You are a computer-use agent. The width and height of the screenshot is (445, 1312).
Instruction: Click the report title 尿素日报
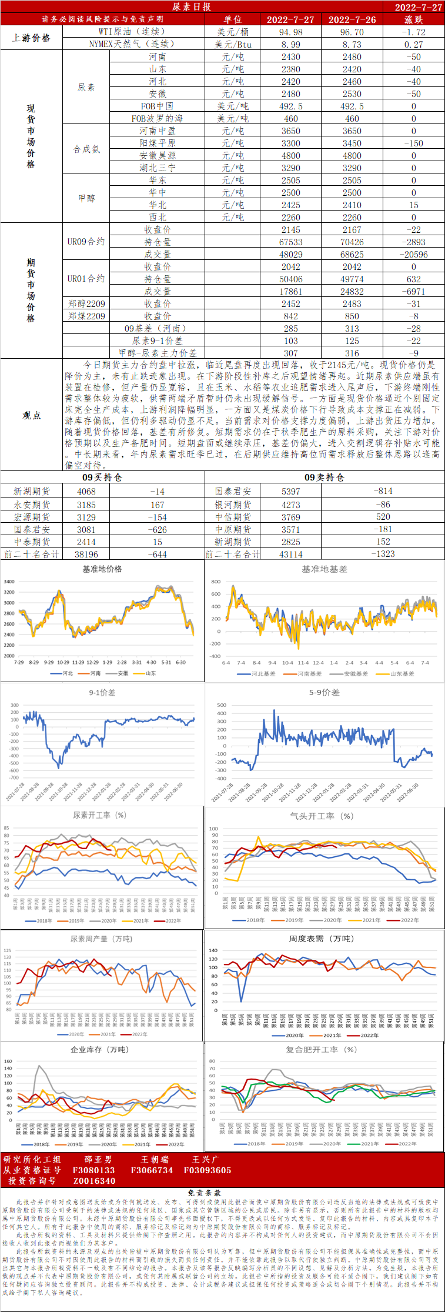coord(192,6)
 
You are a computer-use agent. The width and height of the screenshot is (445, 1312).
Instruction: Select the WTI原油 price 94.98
coord(290,32)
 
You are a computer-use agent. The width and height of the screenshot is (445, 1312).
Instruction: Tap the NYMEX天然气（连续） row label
coord(132,44)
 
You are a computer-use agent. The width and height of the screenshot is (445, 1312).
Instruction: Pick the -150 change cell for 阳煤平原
coord(413,143)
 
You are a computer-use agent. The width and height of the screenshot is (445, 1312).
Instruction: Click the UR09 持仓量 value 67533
coord(290,242)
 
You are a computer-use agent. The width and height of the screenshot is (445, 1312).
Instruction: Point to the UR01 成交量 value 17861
coord(290,291)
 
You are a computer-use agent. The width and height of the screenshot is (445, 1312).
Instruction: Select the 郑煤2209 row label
coord(86,316)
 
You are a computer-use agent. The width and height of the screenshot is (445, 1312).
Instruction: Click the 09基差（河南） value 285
coord(290,328)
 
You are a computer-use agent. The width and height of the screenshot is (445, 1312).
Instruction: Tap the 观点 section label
coord(32,415)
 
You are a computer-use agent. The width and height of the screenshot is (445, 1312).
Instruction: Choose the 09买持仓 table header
coord(102,477)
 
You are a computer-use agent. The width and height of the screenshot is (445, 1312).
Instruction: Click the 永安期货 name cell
coord(32,505)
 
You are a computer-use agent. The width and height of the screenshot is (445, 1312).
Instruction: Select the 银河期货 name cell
coord(233,505)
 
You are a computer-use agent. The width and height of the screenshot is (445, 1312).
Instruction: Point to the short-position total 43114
coord(290,554)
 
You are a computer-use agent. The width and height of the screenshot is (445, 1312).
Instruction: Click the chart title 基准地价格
coord(102,569)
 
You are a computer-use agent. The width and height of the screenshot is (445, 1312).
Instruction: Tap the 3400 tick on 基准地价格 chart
coord(9,582)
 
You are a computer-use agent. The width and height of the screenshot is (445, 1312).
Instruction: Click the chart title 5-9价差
coord(324,692)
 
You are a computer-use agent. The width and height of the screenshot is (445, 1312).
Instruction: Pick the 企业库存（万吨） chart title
coord(99,1050)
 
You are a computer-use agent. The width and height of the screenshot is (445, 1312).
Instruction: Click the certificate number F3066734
coord(152,1170)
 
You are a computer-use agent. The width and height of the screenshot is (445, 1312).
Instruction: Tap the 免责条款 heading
coord(204,1193)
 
